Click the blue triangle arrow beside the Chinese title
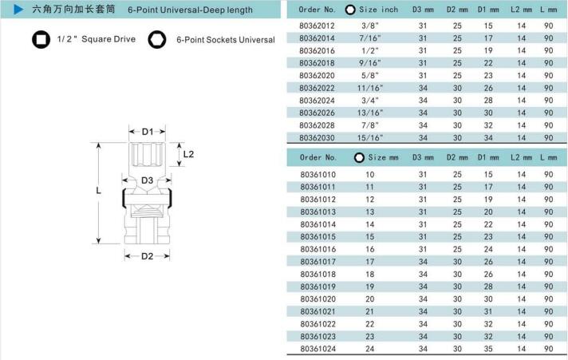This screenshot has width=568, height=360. [18, 10]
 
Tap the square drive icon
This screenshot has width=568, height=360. [41, 39]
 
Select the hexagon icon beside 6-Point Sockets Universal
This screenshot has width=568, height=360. [157, 40]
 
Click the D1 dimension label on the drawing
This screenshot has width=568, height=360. [148, 132]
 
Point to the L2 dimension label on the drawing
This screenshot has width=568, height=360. [188, 154]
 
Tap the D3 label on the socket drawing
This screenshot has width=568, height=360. [147, 180]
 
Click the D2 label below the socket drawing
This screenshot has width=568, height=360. [147, 256]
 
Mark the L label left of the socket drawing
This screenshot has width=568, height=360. [98, 190]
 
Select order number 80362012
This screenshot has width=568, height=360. [317, 26]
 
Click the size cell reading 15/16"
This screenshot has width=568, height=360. [370, 138]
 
